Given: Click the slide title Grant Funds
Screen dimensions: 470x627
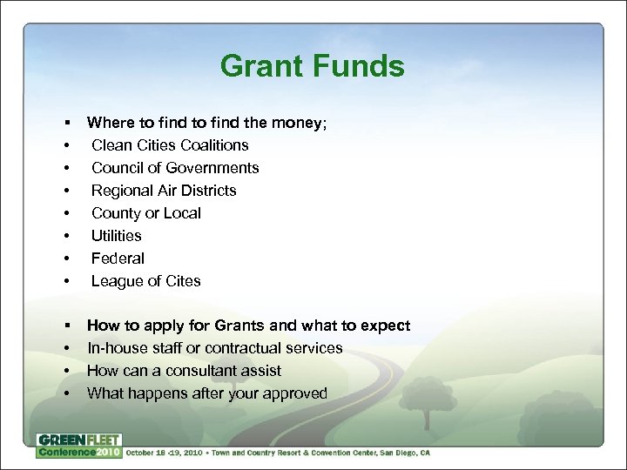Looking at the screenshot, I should [312, 67].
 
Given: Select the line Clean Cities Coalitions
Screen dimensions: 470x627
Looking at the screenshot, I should [170, 145].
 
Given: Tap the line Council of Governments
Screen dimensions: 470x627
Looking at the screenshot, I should [175, 168].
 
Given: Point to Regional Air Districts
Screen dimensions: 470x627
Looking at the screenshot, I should [164, 191].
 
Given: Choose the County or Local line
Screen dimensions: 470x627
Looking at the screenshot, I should [146, 213].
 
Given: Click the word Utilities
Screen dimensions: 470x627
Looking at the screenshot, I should [116, 236].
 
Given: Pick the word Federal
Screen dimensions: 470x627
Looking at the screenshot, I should [118, 258].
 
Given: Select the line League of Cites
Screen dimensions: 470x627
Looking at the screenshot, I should [145, 281].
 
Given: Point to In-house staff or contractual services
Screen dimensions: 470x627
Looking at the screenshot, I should [214, 348].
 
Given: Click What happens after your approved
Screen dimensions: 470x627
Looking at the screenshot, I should [207, 393].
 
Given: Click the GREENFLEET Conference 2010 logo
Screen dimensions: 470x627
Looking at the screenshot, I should [78, 446].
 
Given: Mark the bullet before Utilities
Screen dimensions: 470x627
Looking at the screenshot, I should [65, 236].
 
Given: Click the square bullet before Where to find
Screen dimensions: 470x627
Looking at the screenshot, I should [65, 123].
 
